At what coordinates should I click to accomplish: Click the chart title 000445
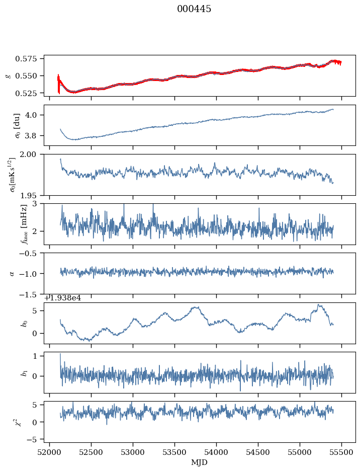(x=194, y=9)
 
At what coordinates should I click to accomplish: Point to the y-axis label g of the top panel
(x=8, y=75)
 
